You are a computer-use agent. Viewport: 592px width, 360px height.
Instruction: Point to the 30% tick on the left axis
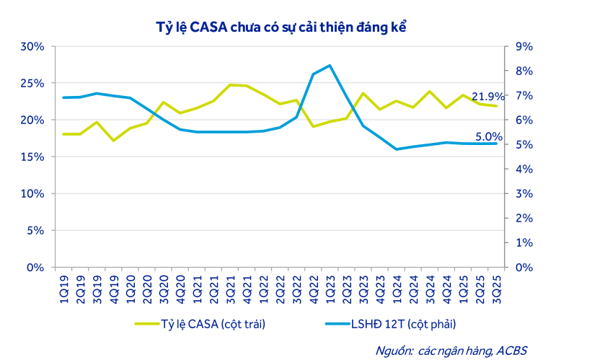coord(32,46)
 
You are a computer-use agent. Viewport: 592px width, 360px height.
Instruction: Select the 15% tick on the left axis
coord(32,157)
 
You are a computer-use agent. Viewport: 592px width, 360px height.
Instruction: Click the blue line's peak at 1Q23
coord(330,66)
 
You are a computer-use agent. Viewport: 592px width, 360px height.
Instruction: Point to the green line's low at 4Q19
coord(113,140)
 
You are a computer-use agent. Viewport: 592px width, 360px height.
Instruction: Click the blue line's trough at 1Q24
coord(396,149)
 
